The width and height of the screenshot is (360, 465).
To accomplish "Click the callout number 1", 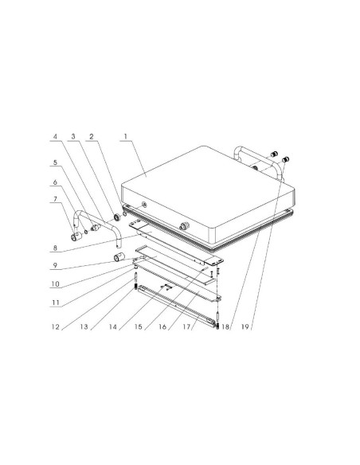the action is [x=125, y=136].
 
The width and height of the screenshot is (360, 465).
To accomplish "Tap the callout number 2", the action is [x=92, y=136].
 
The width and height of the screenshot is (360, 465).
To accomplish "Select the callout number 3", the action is [x=73, y=136].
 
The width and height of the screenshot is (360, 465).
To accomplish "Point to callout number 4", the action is [x=55, y=136].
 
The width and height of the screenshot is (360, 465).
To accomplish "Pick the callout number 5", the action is [x=55, y=162].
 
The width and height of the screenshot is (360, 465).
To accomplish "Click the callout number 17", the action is [x=187, y=326].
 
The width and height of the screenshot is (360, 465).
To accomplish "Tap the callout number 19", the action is [x=245, y=326].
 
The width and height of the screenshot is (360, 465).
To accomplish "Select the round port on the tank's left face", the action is [x=144, y=204].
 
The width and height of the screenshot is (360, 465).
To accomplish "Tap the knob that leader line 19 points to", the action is [x=286, y=159].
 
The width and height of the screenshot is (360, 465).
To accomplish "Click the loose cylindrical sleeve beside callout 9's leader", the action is [x=119, y=257].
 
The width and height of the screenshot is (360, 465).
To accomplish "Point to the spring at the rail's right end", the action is [x=217, y=326].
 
